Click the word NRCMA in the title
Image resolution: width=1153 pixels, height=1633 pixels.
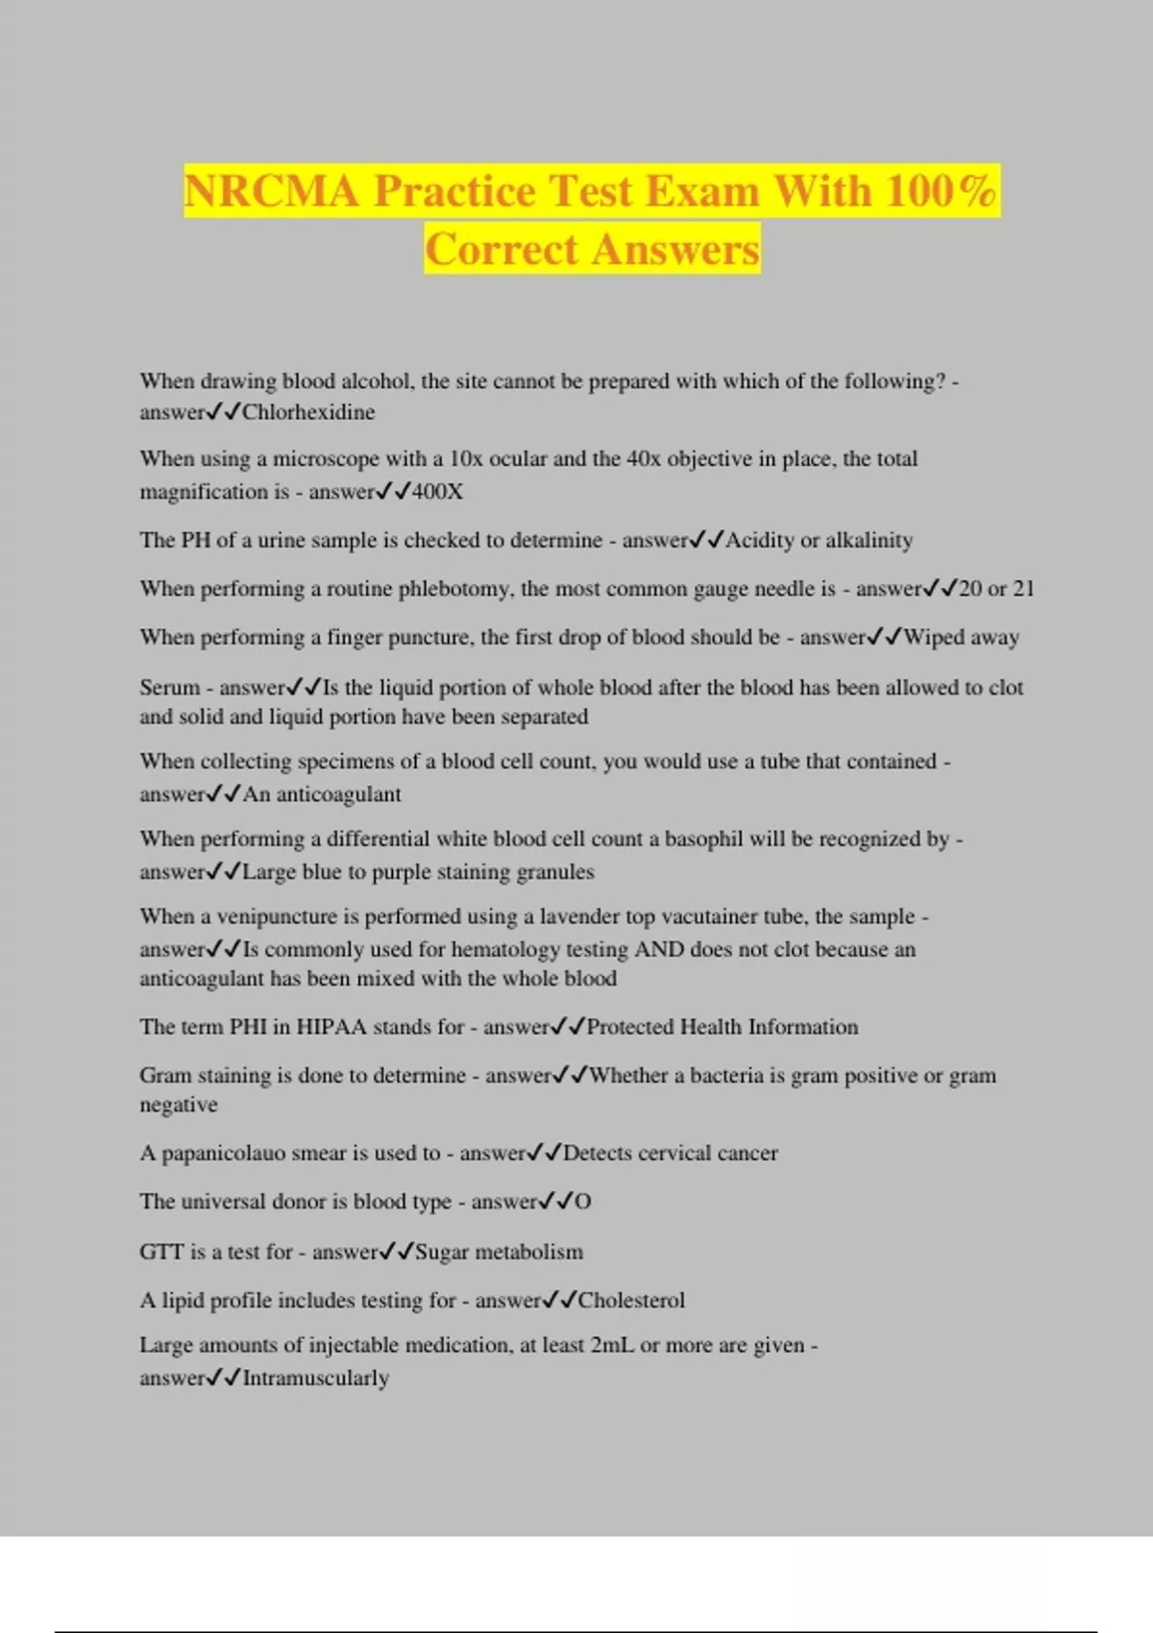(272, 190)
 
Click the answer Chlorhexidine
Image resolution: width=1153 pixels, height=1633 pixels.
(308, 412)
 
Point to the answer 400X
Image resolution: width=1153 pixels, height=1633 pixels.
(437, 492)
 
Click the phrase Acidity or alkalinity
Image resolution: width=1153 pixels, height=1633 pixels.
(819, 540)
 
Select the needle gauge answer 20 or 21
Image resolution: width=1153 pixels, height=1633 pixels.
(996, 589)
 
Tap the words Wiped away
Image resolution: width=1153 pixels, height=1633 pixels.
(962, 637)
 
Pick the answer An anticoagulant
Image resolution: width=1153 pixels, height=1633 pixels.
(322, 794)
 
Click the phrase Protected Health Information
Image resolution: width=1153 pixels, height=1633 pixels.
(722, 1027)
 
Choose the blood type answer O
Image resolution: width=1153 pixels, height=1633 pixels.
(583, 1202)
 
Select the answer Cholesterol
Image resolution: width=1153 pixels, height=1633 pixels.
(631, 1301)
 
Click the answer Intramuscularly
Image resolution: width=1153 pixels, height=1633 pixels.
(315, 1378)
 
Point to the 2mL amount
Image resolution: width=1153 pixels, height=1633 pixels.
(612, 1345)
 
